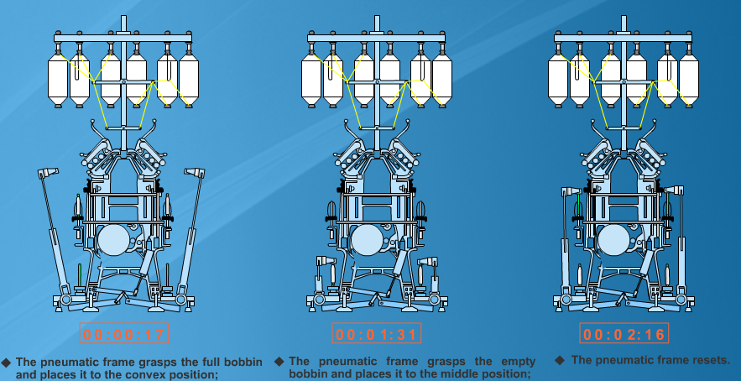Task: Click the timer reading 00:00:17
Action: [x=123, y=334]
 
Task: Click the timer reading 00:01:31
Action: [x=376, y=334]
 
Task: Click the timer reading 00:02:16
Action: [x=624, y=334]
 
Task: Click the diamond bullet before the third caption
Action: [x=560, y=360]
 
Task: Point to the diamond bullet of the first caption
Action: [x=6, y=363]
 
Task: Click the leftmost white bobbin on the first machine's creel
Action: [x=58, y=79]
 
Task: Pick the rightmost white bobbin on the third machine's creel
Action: [x=688, y=79]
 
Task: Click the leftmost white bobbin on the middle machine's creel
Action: [x=311, y=79]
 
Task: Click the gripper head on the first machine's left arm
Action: [x=48, y=173]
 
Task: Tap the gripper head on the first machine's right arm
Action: [x=195, y=173]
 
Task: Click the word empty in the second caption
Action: [x=518, y=362]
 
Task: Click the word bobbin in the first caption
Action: [x=241, y=363]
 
